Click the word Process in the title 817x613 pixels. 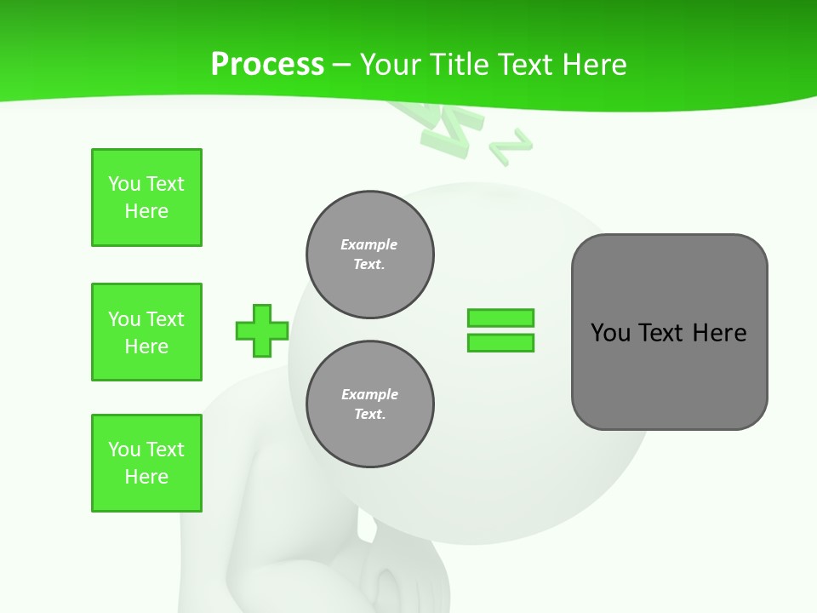[x=267, y=65]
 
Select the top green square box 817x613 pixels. [x=146, y=198]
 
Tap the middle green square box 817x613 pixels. [x=146, y=332]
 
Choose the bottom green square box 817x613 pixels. [x=146, y=463]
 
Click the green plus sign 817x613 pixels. [x=262, y=330]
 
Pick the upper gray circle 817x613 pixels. [x=369, y=255]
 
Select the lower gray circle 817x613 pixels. [x=369, y=404]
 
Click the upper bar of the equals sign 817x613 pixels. [x=500, y=318]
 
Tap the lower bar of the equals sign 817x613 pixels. [x=500, y=343]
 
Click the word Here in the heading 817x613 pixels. [x=593, y=65]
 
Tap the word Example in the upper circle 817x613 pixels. [x=369, y=244]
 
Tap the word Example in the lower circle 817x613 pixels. [x=369, y=394]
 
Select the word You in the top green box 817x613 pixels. [x=124, y=184]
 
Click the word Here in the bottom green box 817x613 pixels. [x=146, y=477]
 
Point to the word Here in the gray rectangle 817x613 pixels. [x=719, y=333]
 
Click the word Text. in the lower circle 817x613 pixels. [x=369, y=415]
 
